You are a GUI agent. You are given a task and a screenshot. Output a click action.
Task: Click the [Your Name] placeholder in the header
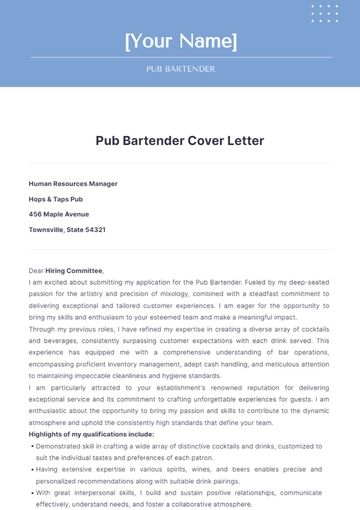[180, 42]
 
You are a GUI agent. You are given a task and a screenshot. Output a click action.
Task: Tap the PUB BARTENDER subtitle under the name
[180, 70]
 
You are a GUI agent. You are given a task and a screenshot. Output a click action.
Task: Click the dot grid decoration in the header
[325, 13]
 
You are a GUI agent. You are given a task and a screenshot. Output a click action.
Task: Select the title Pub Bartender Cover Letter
[180, 141]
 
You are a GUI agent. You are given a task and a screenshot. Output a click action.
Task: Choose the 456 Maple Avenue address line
[59, 214]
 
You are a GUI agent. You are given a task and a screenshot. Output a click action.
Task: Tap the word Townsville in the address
[46, 229]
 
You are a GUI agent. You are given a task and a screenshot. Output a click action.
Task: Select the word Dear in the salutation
[36, 270]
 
